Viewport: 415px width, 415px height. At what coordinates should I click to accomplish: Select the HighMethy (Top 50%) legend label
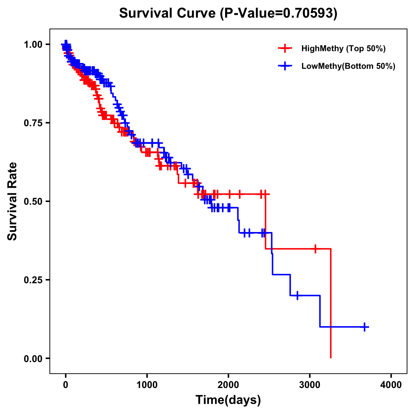click(343, 48)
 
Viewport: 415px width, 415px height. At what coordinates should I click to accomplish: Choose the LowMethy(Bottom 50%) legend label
click(348, 66)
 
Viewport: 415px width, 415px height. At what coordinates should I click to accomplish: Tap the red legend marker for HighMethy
click(285, 48)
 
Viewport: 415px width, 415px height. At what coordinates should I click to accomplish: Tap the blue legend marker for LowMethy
click(285, 66)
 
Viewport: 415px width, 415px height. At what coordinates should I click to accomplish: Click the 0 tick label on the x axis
click(66, 385)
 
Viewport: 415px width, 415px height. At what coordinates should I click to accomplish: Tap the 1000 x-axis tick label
click(147, 385)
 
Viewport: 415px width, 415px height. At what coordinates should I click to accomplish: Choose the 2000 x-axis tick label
click(228, 385)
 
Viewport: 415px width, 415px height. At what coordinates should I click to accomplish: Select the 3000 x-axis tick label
click(310, 385)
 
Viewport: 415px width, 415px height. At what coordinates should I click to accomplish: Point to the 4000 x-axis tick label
click(391, 385)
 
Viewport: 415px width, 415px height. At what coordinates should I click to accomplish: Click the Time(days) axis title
click(228, 400)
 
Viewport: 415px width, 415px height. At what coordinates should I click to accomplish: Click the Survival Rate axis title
click(12, 201)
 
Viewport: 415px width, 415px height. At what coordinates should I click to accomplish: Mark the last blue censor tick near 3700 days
click(365, 327)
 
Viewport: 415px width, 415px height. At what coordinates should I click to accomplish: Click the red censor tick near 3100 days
click(315, 249)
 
